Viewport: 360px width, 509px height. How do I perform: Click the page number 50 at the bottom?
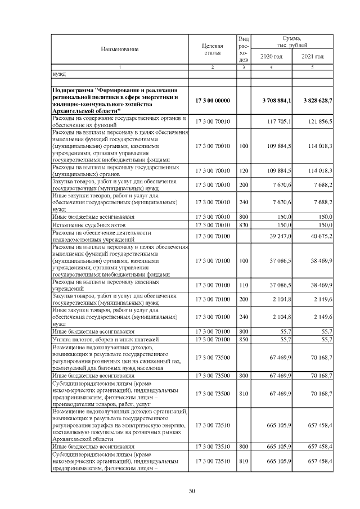(191, 491)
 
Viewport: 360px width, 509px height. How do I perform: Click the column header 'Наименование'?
(120, 49)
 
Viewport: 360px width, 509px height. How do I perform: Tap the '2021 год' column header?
(313, 57)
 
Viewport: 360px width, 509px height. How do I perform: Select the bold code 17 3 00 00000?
(213, 100)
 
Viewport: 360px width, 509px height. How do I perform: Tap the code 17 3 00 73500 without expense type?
(213, 357)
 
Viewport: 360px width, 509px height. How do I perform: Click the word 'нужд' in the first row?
(58, 73)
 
